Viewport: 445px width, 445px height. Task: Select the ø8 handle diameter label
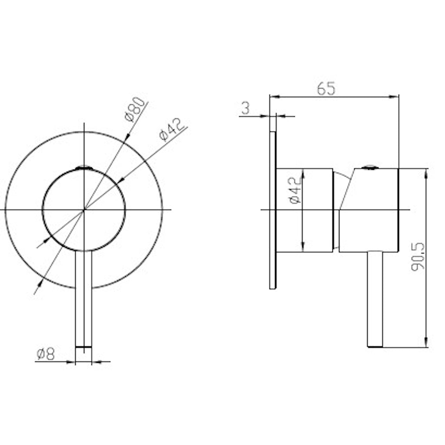tap(46, 355)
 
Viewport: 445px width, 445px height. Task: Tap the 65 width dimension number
tap(326, 89)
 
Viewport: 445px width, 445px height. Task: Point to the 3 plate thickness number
tap(246, 108)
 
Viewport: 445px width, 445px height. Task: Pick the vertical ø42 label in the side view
tap(295, 189)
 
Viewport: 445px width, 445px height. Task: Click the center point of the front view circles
tap(84, 210)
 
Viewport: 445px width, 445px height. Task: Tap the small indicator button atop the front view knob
tap(84, 167)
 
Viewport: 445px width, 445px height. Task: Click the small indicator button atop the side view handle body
tap(369, 167)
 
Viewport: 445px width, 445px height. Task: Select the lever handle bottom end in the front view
tap(83, 346)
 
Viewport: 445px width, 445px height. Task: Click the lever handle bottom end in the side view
tap(375, 346)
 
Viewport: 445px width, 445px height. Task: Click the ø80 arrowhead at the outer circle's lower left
tap(40, 283)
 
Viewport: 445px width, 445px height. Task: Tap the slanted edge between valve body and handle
tap(346, 191)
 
